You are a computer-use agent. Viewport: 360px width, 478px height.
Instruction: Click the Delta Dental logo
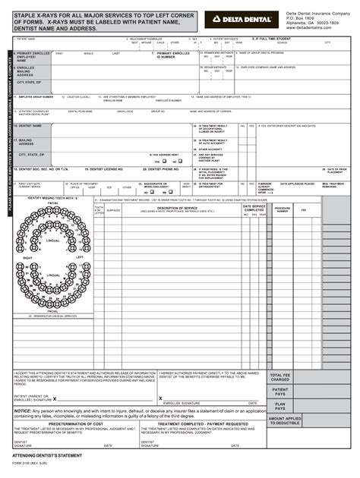pyautogui.click(x=245, y=17)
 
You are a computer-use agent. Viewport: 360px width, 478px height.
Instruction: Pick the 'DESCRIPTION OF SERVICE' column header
pyautogui.click(x=176, y=207)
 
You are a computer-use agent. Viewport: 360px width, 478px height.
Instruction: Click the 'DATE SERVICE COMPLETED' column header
pyautogui.click(x=254, y=207)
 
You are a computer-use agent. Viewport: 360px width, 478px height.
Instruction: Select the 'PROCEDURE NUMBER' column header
pyautogui.click(x=282, y=209)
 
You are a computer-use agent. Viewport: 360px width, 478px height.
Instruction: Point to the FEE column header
pyautogui.click(x=303, y=209)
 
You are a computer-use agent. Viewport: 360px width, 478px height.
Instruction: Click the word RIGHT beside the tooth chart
pyautogui.click(x=27, y=259)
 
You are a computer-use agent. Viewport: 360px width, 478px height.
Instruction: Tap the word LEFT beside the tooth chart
pyautogui.click(x=80, y=257)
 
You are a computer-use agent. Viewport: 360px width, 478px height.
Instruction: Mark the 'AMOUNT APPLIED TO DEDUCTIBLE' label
pyautogui.click(x=285, y=420)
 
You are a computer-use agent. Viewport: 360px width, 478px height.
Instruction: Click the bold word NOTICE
pyautogui.click(x=22, y=410)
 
